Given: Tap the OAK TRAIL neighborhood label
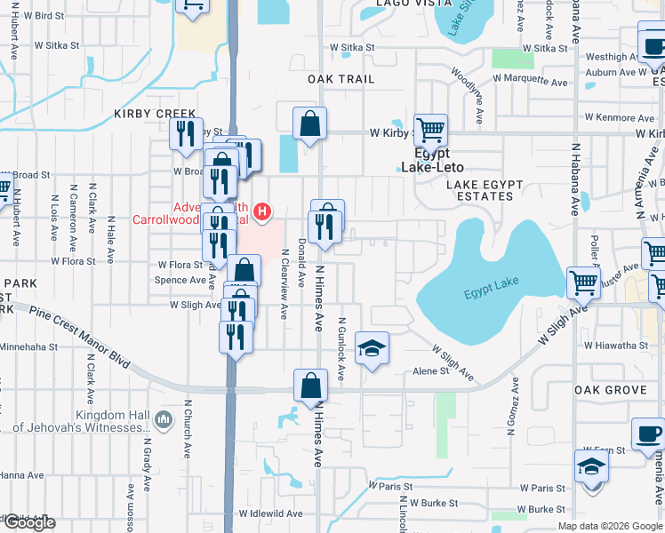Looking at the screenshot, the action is click(x=341, y=79).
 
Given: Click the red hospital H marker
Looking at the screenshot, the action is click(x=262, y=211).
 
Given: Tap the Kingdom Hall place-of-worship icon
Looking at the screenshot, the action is click(x=162, y=418).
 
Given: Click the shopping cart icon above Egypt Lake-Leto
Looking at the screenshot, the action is click(x=430, y=130).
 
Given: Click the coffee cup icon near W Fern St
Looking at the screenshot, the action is click(x=647, y=434).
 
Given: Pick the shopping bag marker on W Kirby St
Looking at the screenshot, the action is click(x=309, y=124).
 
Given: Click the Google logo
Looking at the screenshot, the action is click(x=28, y=522).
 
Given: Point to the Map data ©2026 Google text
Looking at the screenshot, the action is click(x=610, y=526).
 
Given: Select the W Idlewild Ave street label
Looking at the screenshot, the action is click(x=271, y=513).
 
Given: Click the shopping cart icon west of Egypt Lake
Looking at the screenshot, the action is click(x=583, y=282).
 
